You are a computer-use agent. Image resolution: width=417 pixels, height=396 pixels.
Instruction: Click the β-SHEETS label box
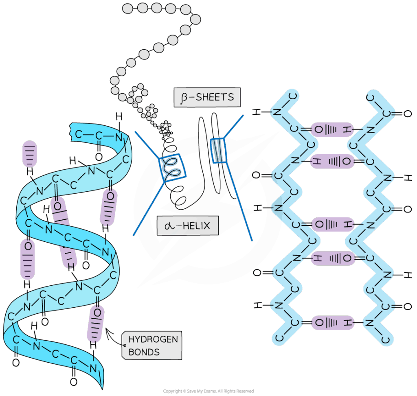[207, 98]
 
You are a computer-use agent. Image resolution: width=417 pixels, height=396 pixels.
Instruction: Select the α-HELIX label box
[188, 225]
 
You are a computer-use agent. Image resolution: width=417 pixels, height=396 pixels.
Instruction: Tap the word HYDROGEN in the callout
[153, 339]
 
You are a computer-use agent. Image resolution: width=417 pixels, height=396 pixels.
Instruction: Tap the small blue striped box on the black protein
[218, 149]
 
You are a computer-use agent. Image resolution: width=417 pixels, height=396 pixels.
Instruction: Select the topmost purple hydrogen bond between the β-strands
[332, 130]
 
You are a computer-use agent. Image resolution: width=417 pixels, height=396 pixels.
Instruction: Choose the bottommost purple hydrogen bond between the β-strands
[332, 323]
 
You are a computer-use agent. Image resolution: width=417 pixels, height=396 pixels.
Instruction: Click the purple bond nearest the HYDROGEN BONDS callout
[96, 324]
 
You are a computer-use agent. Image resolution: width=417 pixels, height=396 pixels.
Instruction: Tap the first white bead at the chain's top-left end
[127, 8]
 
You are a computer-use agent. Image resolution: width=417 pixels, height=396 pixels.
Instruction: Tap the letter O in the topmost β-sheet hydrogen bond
[319, 130]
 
